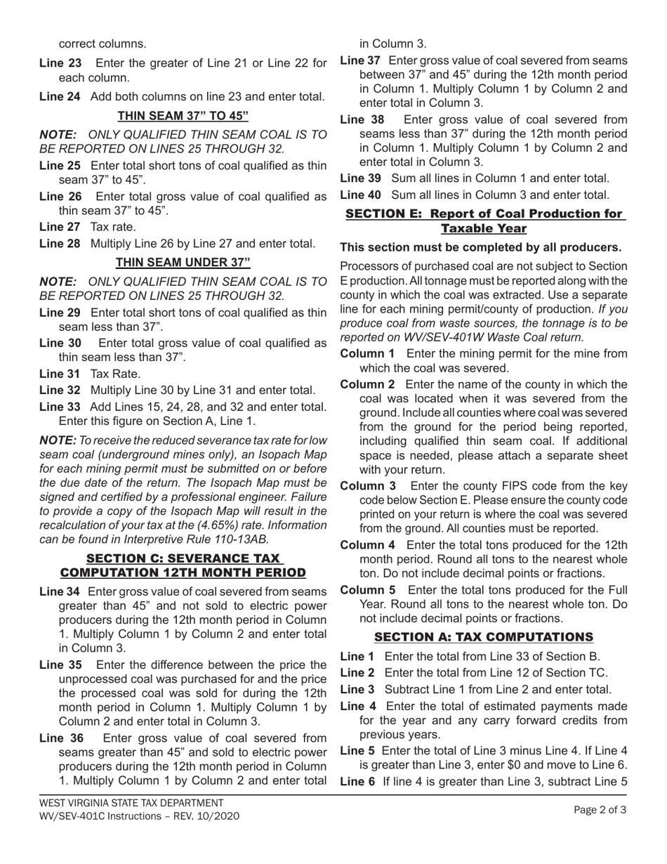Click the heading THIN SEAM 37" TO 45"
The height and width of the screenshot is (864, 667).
tap(183, 116)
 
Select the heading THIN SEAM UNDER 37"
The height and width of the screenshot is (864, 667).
tap(183, 263)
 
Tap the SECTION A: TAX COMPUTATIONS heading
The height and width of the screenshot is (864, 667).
tap(484, 637)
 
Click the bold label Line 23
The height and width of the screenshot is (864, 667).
tap(60, 64)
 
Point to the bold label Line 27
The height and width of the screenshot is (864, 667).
tap(60, 227)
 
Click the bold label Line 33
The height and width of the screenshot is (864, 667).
tap(60, 407)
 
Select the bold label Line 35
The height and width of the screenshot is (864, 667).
tap(60, 665)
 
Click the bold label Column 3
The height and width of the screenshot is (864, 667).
tap(368, 486)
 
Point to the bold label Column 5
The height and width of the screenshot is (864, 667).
tap(368, 589)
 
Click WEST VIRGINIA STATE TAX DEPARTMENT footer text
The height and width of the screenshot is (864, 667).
tap(131, 802)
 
